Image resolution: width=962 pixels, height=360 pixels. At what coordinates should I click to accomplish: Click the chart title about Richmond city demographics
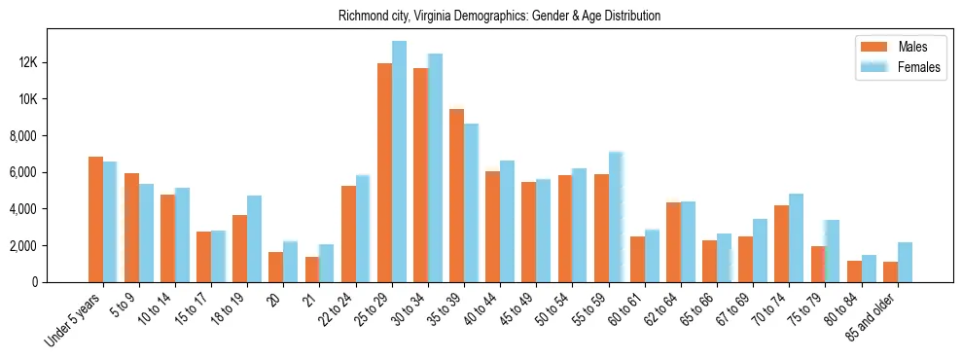(x=499, y=16)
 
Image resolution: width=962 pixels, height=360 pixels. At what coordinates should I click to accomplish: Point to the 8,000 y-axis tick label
(x=50, y=136)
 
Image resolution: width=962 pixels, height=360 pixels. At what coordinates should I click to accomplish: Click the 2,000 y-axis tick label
(x=50, y=246)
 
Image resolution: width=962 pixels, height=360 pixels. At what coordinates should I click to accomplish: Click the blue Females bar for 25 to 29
(x=400, y=162)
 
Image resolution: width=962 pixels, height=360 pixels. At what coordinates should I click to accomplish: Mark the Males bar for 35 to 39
(x=457, y=196)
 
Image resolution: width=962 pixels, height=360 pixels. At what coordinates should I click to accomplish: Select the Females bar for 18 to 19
(x=255, y=239)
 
